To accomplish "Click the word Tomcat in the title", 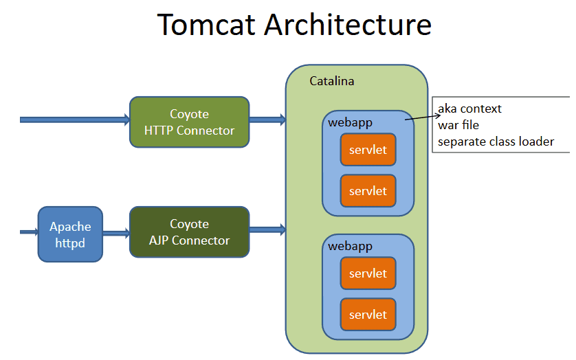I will point(207,25).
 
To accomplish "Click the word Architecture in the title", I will point(348,25).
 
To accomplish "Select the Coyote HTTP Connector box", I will point(189,122).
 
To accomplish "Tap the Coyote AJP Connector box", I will point(189,232).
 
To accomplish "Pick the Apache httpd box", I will point(70,234).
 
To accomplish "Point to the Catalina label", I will point(331,81).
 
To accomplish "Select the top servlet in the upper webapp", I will point(368,149).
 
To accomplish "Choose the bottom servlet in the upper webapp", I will point(368,190).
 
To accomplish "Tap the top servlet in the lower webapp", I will point(368,273).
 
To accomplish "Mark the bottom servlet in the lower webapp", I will point(368,315).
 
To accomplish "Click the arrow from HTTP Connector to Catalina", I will point(267,120).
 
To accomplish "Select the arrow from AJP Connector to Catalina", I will point(267,229).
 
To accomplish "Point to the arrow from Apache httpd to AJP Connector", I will point(115,234).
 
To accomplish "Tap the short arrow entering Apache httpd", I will point(29,233).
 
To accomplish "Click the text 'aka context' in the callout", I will point(469,109).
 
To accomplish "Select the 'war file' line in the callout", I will point(458,125).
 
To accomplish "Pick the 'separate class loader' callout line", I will point(495,142).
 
